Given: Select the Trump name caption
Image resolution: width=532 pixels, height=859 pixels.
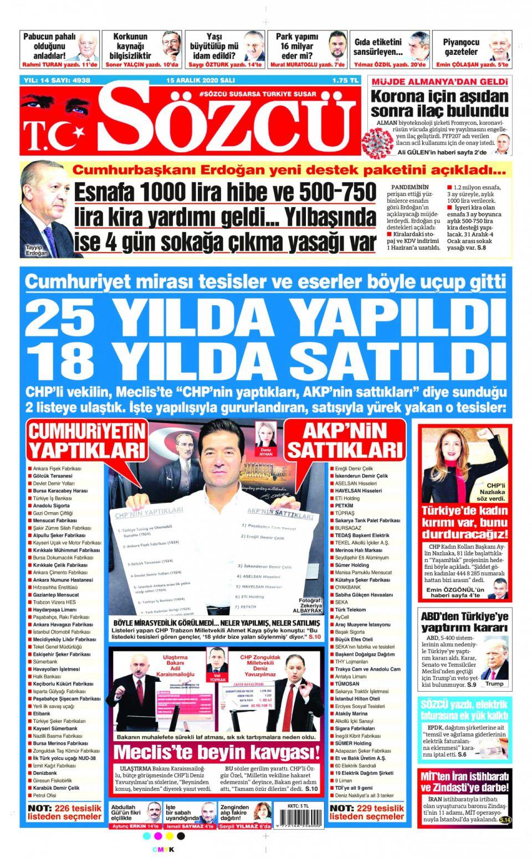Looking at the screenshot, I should tap(494, 684).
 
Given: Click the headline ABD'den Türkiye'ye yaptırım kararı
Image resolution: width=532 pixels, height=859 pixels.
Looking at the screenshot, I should tap(464, 621).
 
